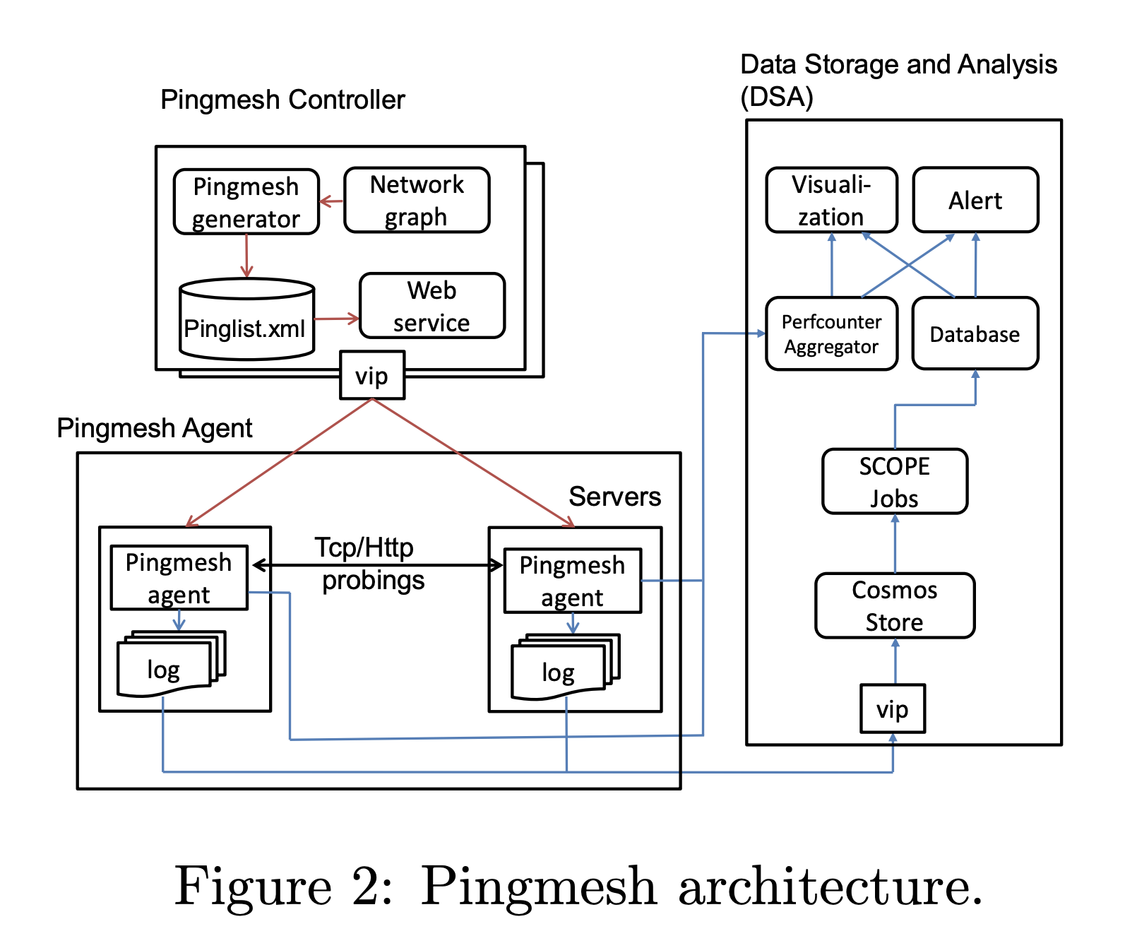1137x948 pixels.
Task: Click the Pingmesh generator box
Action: pos(246,202)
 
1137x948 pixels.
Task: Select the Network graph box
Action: pos(417,200)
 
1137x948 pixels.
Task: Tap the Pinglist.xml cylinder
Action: pos(246,319)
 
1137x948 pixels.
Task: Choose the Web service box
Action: pos(432,306)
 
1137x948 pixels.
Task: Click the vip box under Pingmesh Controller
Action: pos(372,375)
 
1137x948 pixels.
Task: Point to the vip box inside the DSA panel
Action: pos(893,709)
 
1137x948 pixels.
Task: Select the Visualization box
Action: pos(832,200)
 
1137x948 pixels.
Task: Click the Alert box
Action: pos(975,200)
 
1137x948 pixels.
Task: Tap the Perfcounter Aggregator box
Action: pos(832,333)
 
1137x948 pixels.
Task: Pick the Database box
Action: pos(975,333)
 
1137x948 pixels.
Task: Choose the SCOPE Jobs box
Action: pos(895,481)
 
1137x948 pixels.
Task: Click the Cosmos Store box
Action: pos(895,605)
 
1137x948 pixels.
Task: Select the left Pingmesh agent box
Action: pos(179,577)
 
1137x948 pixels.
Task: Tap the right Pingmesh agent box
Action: pos(573,580)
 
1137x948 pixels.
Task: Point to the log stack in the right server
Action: pos(566,667)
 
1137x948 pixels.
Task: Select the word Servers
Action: pos(615,497)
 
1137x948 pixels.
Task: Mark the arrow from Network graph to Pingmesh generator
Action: pos(331,201)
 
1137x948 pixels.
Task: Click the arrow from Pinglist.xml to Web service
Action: pos(337,319)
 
